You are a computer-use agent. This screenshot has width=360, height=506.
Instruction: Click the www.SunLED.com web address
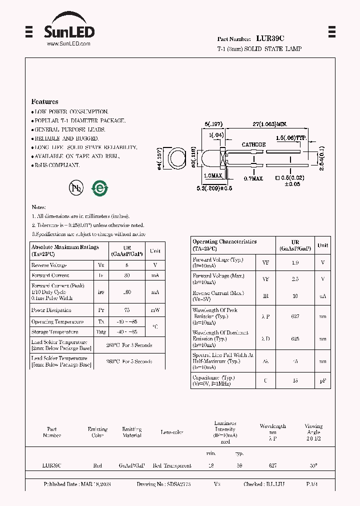click(x=68, y=44)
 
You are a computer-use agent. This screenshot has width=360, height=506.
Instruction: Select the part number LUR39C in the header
click(x=270, y=38)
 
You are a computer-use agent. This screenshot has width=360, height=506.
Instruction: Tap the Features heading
click(x=44, y=101)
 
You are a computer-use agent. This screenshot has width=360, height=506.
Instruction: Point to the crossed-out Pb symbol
click(x=76, y=187)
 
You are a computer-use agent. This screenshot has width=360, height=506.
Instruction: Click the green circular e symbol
click(x=99, y=187)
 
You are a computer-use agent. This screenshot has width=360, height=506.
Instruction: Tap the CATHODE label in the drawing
click(x=253, y=144)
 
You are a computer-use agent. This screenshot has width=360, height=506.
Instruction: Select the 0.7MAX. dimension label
click(x=253, y=178)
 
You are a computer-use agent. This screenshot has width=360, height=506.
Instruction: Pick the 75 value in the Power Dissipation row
click(x=127, y=310)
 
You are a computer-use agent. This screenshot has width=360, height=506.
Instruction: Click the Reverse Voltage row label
click(x=48, y=265)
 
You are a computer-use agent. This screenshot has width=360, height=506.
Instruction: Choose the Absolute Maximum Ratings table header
click(x=65, y=250)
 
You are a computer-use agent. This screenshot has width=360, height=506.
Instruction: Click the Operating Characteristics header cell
click(x=224, y=244)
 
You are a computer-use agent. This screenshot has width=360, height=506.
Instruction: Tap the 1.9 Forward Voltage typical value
click(x=295, y=262)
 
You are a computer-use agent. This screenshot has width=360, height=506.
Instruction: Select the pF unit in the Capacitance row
click(x=323, y=381)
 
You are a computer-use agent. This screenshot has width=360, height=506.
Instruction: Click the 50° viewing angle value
click(x=313, y=465)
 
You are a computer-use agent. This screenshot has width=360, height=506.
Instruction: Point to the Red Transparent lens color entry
click(x=172, y=465)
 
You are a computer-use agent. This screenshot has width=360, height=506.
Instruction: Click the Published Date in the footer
click(x=77, y=484)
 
